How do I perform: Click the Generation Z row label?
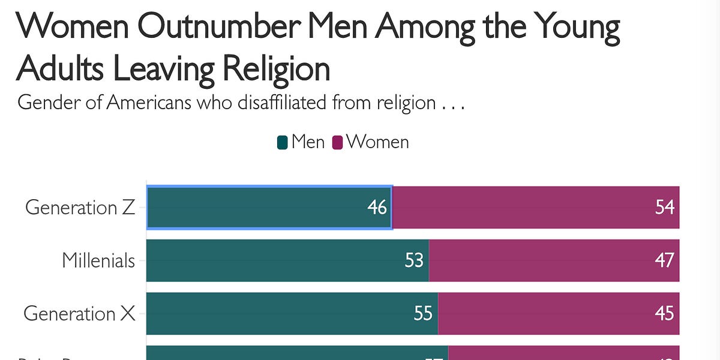pos(80,208)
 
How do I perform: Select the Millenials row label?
pos(98,260)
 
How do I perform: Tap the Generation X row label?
pos(79,313)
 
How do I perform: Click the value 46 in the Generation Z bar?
pos(377,208)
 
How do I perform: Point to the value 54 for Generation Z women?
pos(665,208)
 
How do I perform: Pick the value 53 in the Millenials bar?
pos(414,260)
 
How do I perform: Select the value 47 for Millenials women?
pos(665,260)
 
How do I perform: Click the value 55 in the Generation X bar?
pos(423,313)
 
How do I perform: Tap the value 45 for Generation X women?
pos(665,313)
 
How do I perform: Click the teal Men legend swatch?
pos(282,143)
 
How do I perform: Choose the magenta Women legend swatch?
pos(337,143)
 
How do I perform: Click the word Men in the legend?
pos(308,142)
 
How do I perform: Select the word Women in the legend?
pos(377,142)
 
